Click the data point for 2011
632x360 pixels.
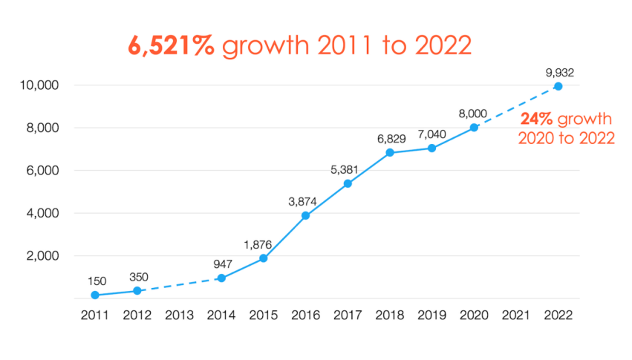[x=95, y=295]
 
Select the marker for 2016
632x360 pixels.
[x=305, y=216]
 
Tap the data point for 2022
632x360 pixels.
[x=558, y=86]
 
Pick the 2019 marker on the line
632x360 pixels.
[x=431, y=148]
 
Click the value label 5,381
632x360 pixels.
[x=348, y=169]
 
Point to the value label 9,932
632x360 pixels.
[x=558, y=73]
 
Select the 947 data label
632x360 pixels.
[x=221, y=264]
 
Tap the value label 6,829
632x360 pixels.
[x=390, y=139]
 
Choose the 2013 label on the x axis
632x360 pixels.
[x=179, y=314]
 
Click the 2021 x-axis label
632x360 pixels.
[x=516, y=314]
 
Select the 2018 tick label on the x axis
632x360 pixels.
[x=390, y=314]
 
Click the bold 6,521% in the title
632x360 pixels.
[x=172, y=45]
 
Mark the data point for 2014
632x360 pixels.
[x=221, y=278]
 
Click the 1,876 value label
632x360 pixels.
[x=264, y=244]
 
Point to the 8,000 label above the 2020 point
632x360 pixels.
[x=474, y=114]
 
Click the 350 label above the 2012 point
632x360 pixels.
[x=137, y=277]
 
